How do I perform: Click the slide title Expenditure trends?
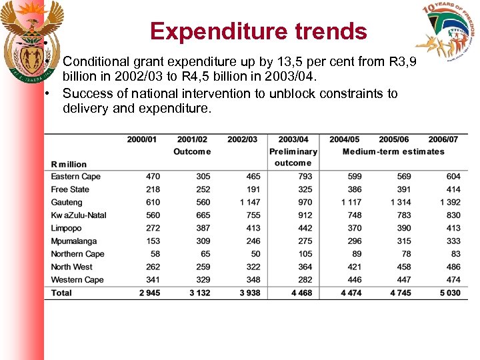258,31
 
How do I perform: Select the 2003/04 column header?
293,139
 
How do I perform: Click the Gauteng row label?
67,202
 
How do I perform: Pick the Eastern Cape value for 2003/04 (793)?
305,177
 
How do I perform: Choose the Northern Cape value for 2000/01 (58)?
155,254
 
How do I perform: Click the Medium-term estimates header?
393,151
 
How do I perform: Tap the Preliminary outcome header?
293,157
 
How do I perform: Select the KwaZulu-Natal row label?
79,215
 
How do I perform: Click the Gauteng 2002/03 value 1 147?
250,202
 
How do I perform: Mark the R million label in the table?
69,164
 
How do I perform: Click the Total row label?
61,293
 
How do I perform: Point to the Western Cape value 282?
305,279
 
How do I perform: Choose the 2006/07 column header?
443,139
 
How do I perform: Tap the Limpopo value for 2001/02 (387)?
203,228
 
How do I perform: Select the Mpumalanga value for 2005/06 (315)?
404,241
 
